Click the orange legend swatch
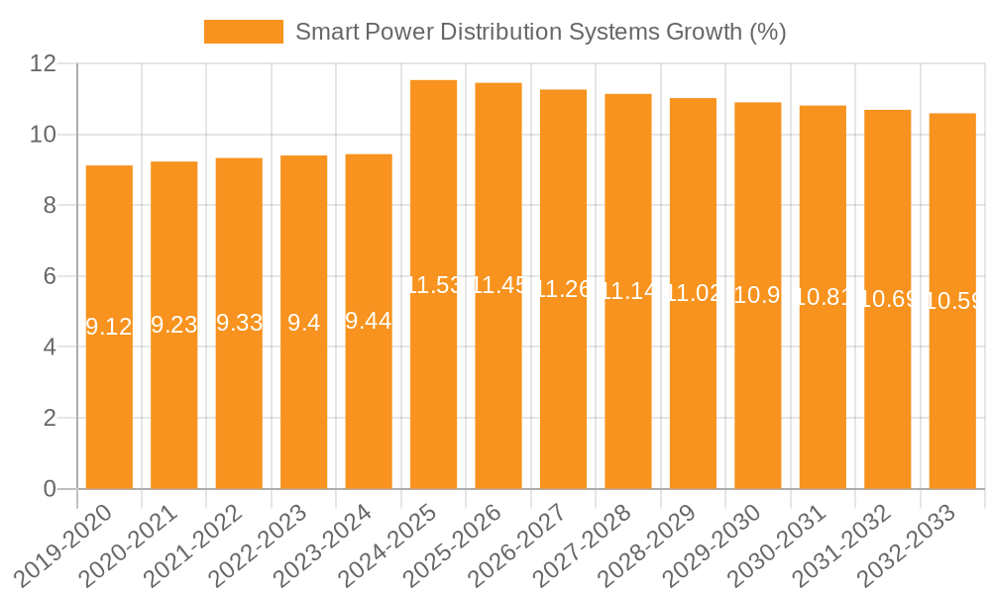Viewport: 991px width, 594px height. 243,32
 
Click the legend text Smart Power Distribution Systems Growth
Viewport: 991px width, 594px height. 541,32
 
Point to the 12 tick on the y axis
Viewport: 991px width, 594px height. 44,63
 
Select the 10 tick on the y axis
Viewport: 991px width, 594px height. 44,135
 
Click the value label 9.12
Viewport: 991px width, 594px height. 109,327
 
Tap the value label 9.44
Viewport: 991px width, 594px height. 369,321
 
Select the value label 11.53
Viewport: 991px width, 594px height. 434,285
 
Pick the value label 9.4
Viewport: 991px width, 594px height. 303,323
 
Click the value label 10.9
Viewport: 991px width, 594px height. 758,295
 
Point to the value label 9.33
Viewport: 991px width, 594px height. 239,323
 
